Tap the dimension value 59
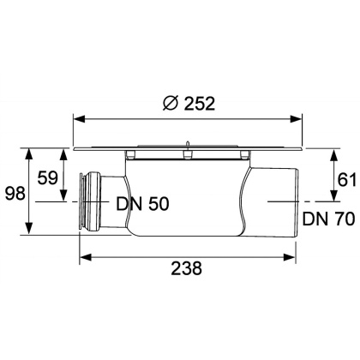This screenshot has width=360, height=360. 50,178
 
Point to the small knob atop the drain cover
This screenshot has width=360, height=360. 186,144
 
